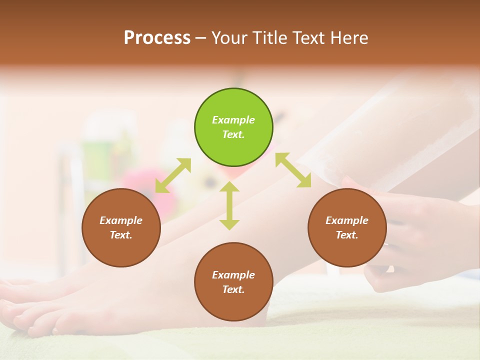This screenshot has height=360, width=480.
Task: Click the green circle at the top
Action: coord(233,127)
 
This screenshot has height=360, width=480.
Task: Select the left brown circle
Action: coord(121,227)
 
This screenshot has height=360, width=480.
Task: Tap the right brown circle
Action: coord(347,227)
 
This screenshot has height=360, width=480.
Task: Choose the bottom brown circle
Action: coord(233,282)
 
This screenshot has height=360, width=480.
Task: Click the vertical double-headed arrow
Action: coord(229,205)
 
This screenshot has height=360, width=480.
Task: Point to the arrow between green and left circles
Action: coord(173,175)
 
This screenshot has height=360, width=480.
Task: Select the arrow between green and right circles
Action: coord(293,170)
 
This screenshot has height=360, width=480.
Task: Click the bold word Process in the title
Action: coord(157,38)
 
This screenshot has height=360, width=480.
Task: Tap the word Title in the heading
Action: coord(270,38)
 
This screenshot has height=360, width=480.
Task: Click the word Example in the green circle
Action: coord(233,120)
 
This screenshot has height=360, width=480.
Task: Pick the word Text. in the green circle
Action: coord(233,134)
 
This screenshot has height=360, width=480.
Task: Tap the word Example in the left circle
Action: coord(121,220)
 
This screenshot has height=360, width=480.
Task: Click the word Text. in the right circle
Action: coord(347,235)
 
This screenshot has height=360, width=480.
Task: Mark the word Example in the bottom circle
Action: coord(233,275)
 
